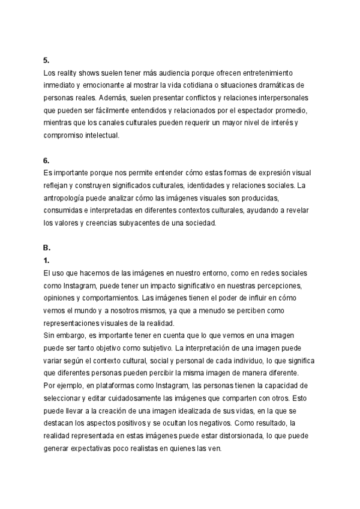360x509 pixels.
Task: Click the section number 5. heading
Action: point(46,60)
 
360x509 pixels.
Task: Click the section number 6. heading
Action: point(46,160)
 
